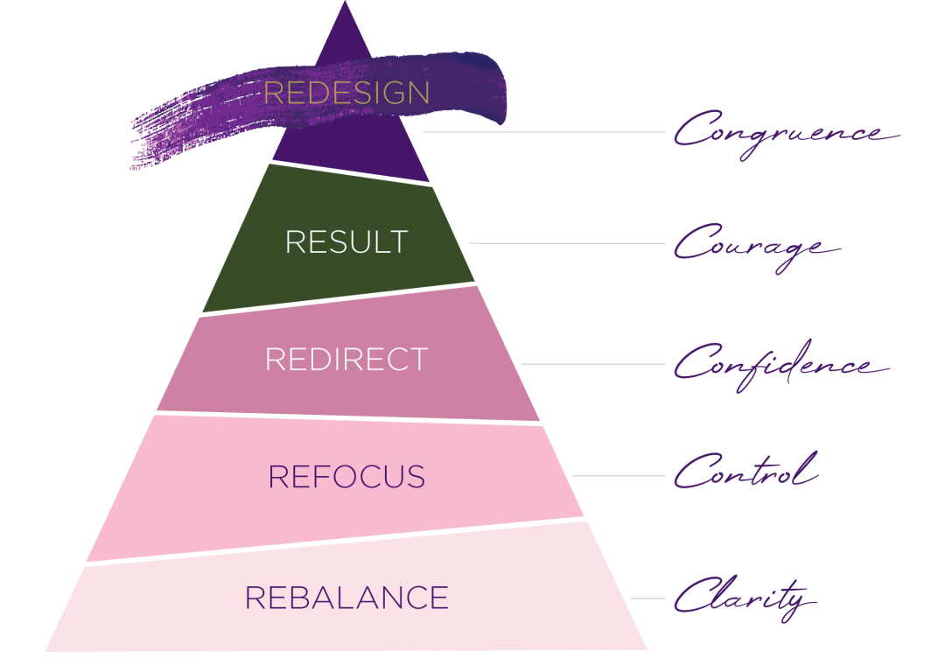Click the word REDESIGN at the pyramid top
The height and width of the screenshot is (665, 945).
pos(346,94)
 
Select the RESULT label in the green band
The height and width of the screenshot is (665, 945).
pos(346,242)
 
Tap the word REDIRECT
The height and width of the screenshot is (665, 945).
pos(346,360)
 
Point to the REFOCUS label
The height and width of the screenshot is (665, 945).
pos(346,477)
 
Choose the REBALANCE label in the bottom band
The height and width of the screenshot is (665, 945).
pos(346,598)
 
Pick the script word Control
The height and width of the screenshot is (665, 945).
pos(745,473)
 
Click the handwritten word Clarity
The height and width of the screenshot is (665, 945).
pos(744,598)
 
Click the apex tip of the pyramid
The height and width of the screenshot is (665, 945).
pos(345,3)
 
